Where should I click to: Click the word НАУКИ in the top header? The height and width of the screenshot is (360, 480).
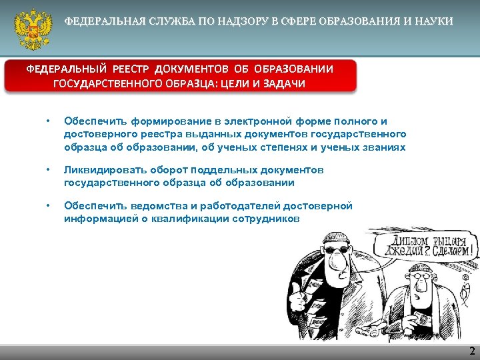437,22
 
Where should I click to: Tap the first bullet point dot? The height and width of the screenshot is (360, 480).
47,121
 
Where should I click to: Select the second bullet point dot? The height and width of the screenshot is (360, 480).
47,171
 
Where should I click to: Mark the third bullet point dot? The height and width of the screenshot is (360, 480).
47,207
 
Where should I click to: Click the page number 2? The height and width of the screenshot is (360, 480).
471,351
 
